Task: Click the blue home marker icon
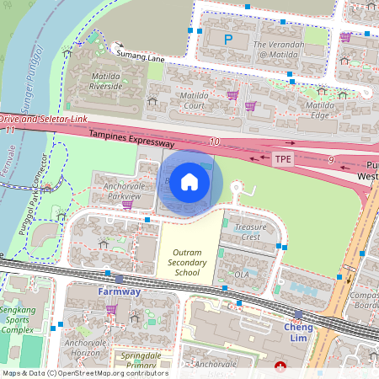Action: (189, 181)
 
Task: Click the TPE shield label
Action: (283, 158)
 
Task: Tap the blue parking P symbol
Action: (227, 40)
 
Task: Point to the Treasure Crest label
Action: (250, 232)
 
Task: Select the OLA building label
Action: (243, 275)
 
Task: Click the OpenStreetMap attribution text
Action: (84, 373)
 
